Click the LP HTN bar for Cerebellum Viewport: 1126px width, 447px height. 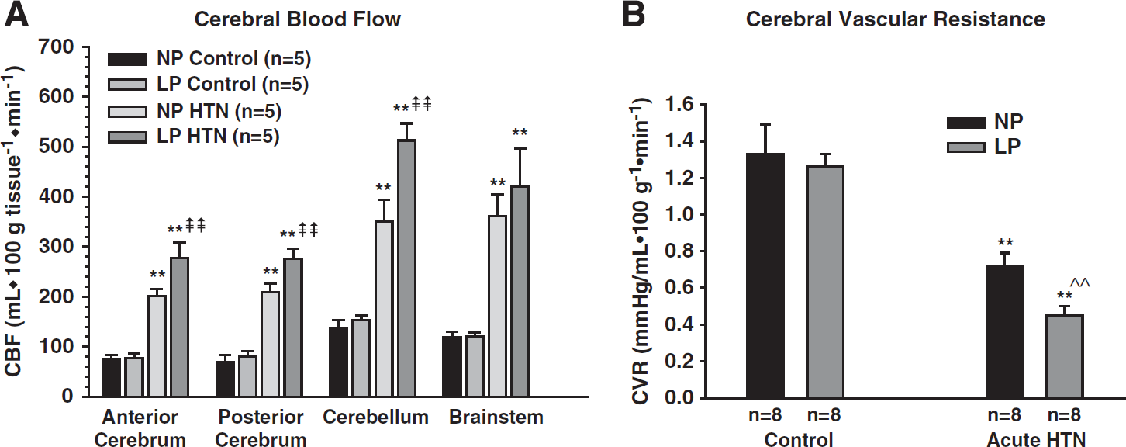(x=406, y=268)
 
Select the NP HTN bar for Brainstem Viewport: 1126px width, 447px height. (x=497, y=307)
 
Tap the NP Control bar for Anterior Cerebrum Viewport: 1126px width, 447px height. (x=111, y=377)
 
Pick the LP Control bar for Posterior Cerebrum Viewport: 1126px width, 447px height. (x=247, y=376)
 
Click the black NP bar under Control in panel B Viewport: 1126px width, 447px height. (x=765, y=275)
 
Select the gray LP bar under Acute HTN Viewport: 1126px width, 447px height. (x=1065, y=356)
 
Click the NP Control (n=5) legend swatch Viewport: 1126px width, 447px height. (x=128, y=59)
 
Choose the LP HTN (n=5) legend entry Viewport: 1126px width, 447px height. (x=194, y=137)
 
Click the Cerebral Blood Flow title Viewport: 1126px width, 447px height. (x=298, y=19)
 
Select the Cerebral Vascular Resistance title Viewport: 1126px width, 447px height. (x=895, y=19)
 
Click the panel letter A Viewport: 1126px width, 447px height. (x=16, y=15)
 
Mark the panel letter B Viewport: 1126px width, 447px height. (x=634, y=15)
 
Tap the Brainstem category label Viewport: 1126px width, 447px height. (x=496, y=417)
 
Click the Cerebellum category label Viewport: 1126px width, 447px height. (x=375, y=417)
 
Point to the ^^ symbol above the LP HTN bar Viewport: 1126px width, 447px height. (x=1079, y=282)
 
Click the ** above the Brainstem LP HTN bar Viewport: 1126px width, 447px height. (x=520, y=133)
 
